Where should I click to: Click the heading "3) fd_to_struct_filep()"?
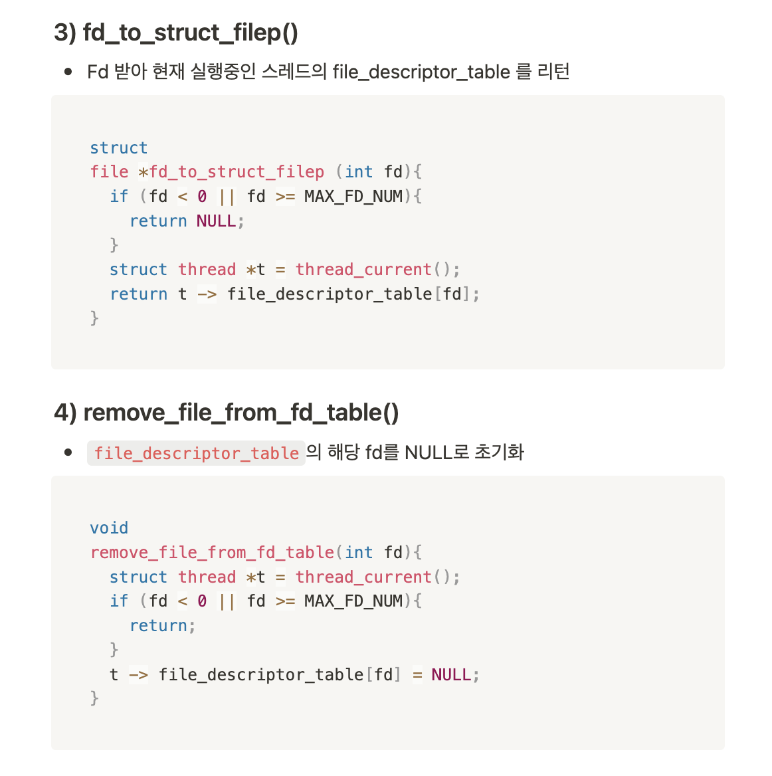pos(176,33)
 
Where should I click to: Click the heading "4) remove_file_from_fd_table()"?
pos(227,413)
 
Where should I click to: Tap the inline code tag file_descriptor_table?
pos(196,453)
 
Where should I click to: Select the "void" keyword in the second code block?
pos(109,528)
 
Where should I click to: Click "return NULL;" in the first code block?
pos(187,221)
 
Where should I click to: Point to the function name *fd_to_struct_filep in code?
pos(231,171)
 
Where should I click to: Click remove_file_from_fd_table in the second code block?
pos(212,552)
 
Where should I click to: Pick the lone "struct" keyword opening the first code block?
pos(118,147)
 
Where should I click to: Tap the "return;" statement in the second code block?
pos(162,625)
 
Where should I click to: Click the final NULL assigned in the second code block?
pos(451,674)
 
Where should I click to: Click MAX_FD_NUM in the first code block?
pos(353,196)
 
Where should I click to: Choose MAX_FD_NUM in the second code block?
pos(353,601)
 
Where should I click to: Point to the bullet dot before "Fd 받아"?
pos(68,72)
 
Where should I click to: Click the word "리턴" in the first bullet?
pos(553,72)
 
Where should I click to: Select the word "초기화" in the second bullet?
pos(499,453)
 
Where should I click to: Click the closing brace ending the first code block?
pos(94,318)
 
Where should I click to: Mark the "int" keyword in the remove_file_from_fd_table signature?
pos(359,552)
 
